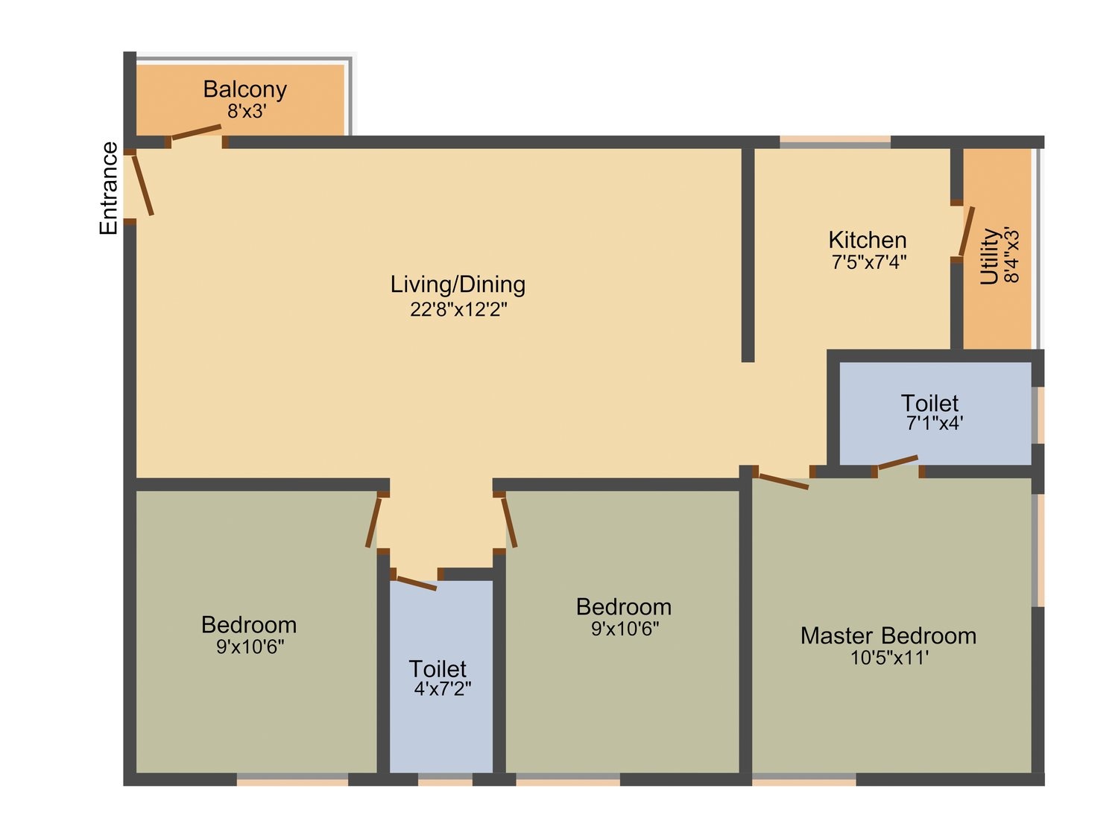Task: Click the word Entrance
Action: [x=109, y=188]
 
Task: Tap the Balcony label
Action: [x=245, y=89]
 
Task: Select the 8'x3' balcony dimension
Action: [x=247, y=111]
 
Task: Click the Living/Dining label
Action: [x=458, y=285]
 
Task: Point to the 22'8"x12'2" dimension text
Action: [x=459, y=309]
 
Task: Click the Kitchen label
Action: [x=868, y=240]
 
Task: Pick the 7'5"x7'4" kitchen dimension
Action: [x=869, y=262]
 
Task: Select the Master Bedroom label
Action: [x=888, y=636]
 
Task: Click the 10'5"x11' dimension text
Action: [x=890, y=658]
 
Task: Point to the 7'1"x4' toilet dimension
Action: [x=934, y=423]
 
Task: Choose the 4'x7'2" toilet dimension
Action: [x=443, y=689]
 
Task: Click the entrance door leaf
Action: [x=142, y=185]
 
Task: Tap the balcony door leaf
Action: [x=197, y=132]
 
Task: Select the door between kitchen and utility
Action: [x=966, y=232]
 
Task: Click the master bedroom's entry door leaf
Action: [x=783, y=481]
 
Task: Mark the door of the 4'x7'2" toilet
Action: [x=417, y=583]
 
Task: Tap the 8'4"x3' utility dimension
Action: [x=1011, y=256]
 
